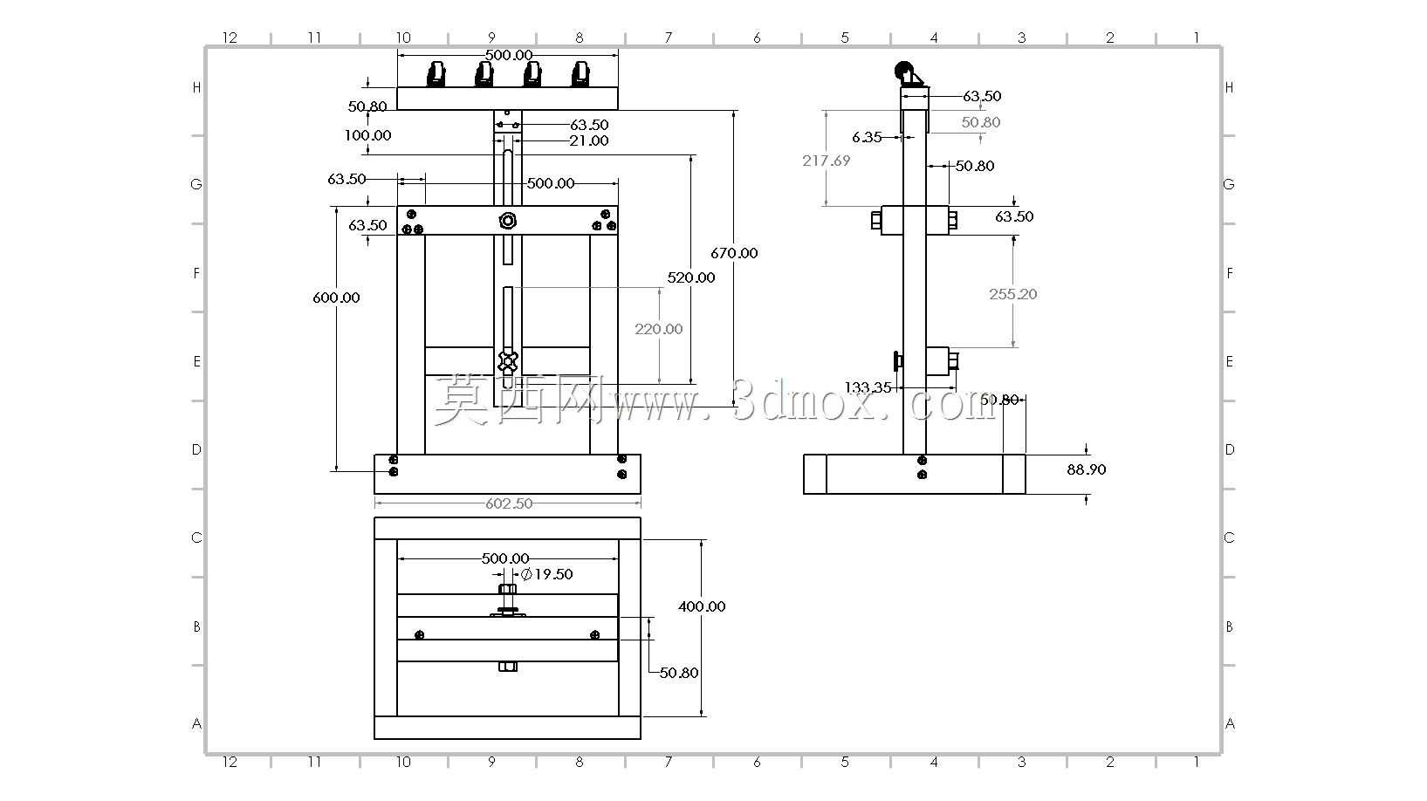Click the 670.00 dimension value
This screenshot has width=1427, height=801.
pyautogui.click(x=734, y=253)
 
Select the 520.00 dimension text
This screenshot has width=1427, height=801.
pyautogui.click(x=691, y=277)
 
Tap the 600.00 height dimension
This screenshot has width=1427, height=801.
pyautogui.click(x=336, y=298)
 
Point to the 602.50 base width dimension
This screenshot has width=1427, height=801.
pyautogui.click(x=508, y=503)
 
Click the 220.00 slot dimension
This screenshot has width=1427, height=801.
pyautogui.click(x=658, y=329)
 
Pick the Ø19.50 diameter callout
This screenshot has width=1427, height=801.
pyautogui.click(x=546, y=574)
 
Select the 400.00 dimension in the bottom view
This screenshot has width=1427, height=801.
pyautogui.click(x=702, y=606)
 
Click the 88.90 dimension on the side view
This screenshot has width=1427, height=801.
pyautogui.click(x=1086, y=469)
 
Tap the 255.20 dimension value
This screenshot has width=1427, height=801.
pyautogui.click(x=1013, y=294)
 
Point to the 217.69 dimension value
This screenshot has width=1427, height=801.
pyautogui.click(x=826, y=161)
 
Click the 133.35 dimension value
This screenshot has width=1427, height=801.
pyautogui.click(x=868, y=387)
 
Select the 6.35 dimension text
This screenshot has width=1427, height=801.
pyautogui.click(x=867, y=137)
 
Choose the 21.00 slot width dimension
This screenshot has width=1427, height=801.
pyautogui.click(x=588, y=140)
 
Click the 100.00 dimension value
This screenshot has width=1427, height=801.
pyautogui.click(x=367, y=135)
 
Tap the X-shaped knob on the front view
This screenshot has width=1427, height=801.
pyautogui.click(x=508, y=361)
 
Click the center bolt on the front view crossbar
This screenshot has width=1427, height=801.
pyautogui.click(x=508, y=221)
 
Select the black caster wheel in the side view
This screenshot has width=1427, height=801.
pyautogui.click(x=903, y=71)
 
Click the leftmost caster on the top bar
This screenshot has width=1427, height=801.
pyautogui.click(x=436, y=73)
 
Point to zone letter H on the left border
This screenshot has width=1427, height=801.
pyautogui.click(x=197, y=88)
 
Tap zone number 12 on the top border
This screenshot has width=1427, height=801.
pyautogui.click(x=230, y=38)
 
